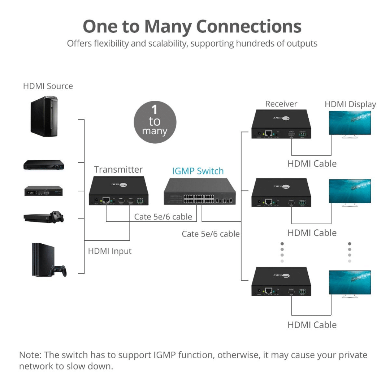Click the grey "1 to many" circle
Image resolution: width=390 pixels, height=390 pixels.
pyautogui.click(x=155, y=122)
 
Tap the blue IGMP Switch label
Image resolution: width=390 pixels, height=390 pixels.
pyautogui.click(x=198, y=171)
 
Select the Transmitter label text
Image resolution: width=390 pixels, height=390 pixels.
pyautogui.click(x=118, y=169)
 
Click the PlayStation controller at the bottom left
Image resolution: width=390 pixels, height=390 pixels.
pyautogui.click(x=58, y=270)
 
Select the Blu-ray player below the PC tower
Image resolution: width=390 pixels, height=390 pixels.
pyautogui.click(x=44, y=165)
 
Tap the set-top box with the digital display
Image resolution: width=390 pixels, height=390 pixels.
pyautogui.click(x=44, y=191)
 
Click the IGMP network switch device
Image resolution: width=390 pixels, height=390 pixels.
pyautogui.click(x=199, y=192)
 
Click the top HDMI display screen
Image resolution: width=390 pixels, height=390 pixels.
pyautogui.click(x=350, y=123)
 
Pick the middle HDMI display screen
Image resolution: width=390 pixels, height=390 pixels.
pyautogui.click(x=350, y=191)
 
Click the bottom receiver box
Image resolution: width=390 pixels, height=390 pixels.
pyautogui.click(x=281, y=282)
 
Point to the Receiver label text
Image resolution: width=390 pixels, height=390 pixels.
pyautogui.click(x=281, y=104)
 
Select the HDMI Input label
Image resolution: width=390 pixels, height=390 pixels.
pyautogui.click(x=110, y=251)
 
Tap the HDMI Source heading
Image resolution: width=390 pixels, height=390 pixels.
pyautogui.click(x=48, y=86)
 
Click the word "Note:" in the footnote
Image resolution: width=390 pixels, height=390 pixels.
pyautogui.click(x=30, y=355)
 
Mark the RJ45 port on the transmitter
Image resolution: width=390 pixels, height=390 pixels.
pyautogui.click(x=106, y=199)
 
